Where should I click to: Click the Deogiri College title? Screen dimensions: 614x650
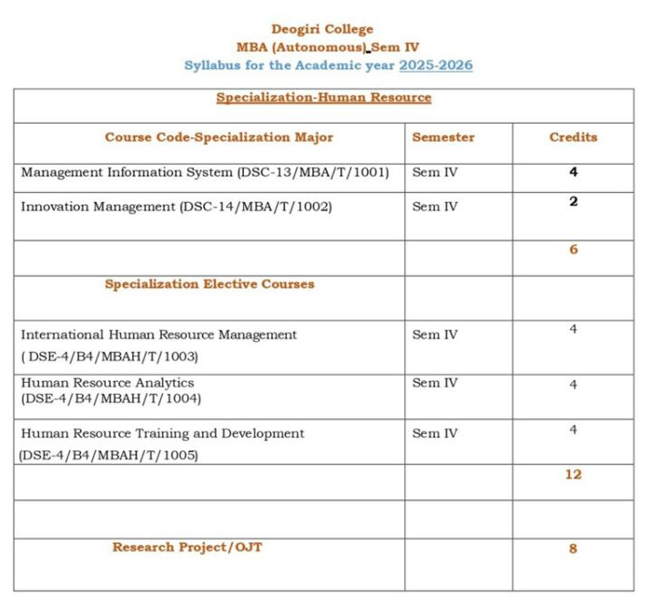322,29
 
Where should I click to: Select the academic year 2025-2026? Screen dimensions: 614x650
435,65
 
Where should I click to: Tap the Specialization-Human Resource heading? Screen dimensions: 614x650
323,97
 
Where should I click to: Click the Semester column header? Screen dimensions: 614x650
443,137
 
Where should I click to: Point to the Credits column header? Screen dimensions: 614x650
573,137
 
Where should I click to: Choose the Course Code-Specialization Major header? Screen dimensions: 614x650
218,137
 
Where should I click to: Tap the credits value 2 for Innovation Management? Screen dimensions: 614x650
573,202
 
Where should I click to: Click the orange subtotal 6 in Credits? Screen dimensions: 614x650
573,249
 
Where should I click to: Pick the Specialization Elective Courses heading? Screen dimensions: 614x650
209,284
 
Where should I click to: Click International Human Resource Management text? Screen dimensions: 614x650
158,335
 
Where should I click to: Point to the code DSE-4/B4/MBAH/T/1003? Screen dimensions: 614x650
109,356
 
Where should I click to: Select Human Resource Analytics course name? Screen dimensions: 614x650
107,383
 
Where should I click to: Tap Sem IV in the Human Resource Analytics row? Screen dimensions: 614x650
435,383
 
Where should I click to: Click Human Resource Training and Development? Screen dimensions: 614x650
162,433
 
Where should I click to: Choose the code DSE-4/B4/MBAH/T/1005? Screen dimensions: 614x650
108,454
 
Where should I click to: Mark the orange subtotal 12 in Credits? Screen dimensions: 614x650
573,474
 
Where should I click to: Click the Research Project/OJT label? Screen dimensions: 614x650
188,547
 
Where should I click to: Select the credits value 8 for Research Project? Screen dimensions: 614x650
573,549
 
